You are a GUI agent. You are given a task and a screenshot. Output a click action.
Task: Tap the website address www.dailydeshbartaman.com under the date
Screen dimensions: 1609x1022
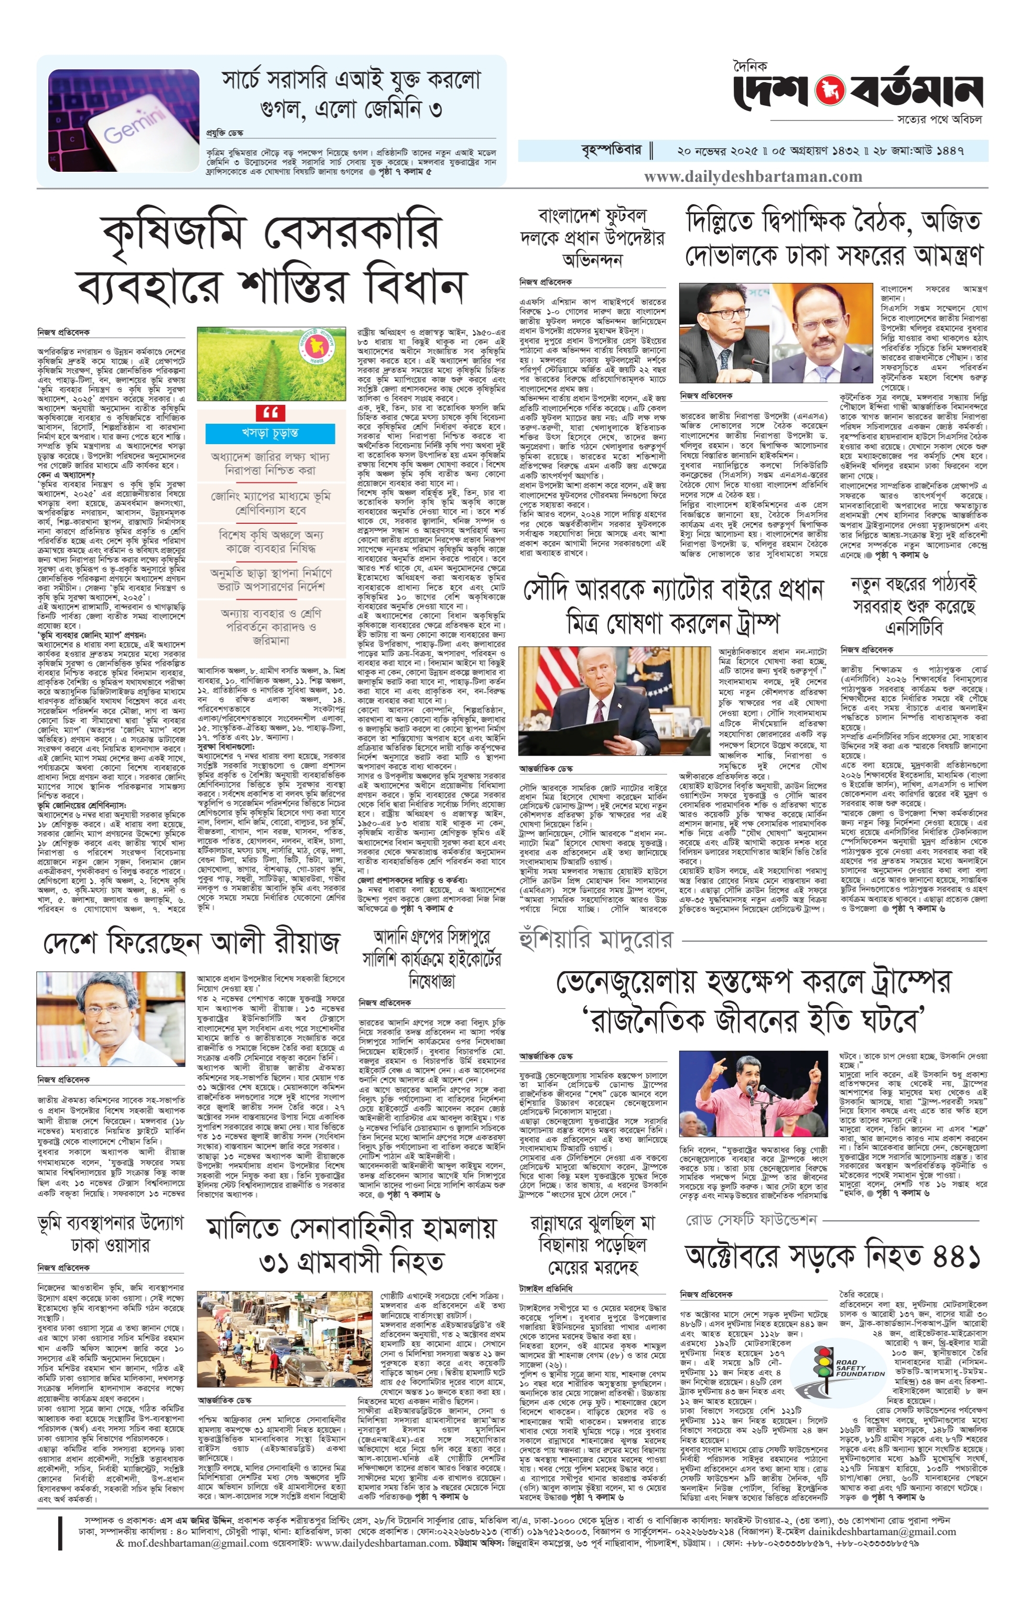tap(753, 177)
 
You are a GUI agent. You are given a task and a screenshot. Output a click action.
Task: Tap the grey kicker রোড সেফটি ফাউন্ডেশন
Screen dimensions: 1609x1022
tap(751, 1219)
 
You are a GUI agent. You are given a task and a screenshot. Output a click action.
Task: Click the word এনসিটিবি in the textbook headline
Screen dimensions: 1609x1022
tap(912, 628)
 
